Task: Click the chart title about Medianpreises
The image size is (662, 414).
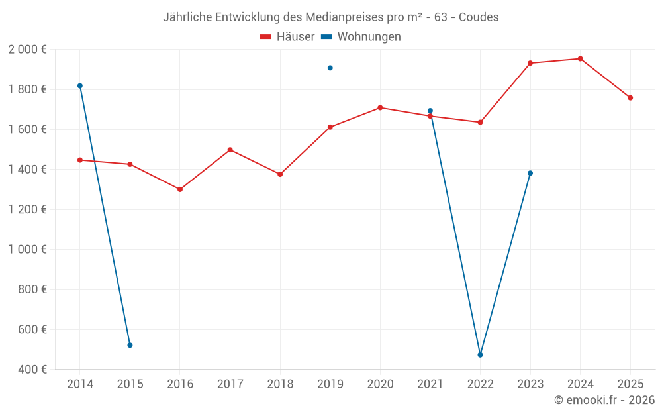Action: click(x=330, y=17)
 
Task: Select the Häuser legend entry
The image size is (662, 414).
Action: click(x=287, y=37)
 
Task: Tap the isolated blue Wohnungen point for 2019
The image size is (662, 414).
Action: click(x=330, y=68)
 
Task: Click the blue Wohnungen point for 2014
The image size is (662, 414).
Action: click(x=80, y=85)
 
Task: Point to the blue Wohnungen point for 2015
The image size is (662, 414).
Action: click(x=130, y=345)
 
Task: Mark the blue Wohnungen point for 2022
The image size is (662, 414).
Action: click(x=480, y=355)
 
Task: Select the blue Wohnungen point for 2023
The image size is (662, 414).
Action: click(x=530, y=173)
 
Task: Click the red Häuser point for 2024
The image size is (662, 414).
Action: click(x=580, y=58)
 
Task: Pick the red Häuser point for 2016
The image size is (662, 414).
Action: click(x=180, y=189)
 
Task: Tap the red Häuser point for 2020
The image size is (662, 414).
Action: click(x=380, y=107)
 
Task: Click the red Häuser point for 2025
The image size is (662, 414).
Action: click(x=630, y=97)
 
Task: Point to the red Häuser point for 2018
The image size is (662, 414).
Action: click(x=280, y=174)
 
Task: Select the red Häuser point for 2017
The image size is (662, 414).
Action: click(x=230, y=150)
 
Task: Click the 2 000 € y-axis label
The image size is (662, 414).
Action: click(x=27, y=50)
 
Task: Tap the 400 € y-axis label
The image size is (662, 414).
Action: click(x=32, y=370)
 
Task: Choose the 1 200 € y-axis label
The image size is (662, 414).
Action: click(x=27, y=209)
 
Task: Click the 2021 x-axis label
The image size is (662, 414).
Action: click(x=430, y=384)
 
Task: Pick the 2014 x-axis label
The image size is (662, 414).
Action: click(x=80, y=384)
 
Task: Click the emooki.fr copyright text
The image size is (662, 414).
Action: click(x=604, y=400)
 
